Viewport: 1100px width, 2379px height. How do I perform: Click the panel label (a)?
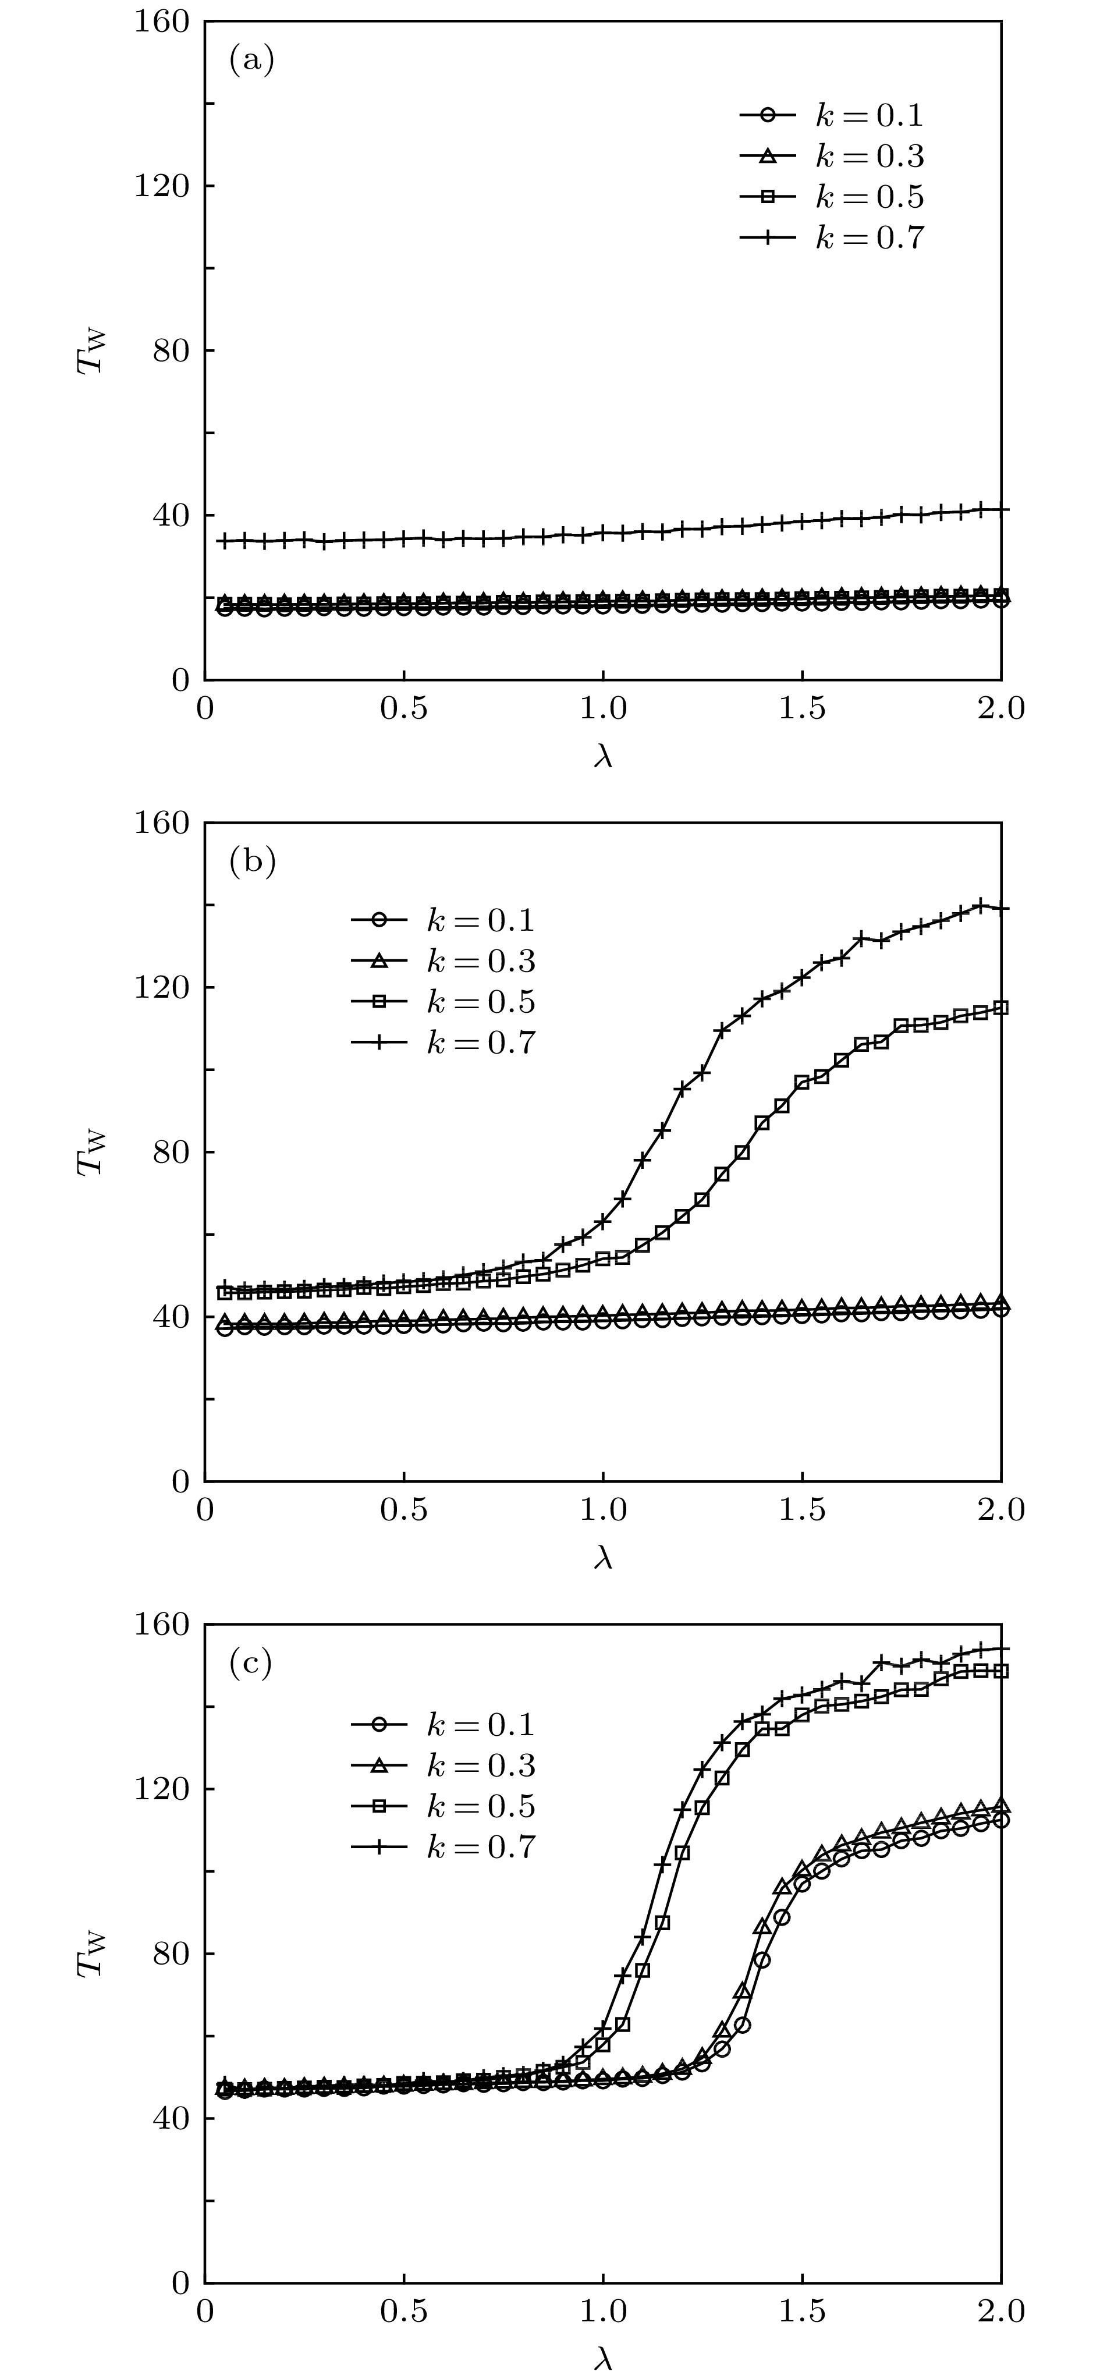coord(251,61)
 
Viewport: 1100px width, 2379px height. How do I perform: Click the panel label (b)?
coord(251,861)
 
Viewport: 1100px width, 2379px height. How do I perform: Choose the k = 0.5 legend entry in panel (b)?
coord(443,1001)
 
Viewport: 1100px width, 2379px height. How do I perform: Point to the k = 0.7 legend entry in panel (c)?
coord(443,1846)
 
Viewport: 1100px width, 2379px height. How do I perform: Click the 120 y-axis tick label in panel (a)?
coord(162,186)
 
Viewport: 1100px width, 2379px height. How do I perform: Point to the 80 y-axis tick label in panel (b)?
coord(171,1151)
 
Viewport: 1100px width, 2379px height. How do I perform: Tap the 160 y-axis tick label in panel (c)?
coord(162,1625)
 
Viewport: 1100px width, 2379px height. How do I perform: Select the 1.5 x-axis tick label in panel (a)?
coord(801,709)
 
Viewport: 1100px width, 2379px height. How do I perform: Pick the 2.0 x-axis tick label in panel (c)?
coord(1001,2311)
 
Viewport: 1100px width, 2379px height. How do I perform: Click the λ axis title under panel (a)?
coord(603,756)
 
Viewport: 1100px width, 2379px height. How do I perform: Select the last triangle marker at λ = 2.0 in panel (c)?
coord(1000,1806)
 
